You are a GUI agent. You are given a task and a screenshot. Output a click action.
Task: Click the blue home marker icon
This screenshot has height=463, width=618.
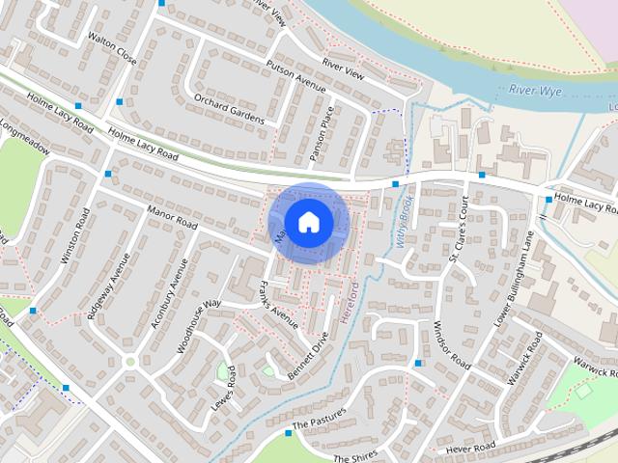308,223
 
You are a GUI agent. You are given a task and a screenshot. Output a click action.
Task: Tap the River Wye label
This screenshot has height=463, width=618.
536,92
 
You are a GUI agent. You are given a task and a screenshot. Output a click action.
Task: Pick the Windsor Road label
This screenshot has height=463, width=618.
451,345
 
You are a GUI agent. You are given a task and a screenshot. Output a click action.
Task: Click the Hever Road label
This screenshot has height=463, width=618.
472,448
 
